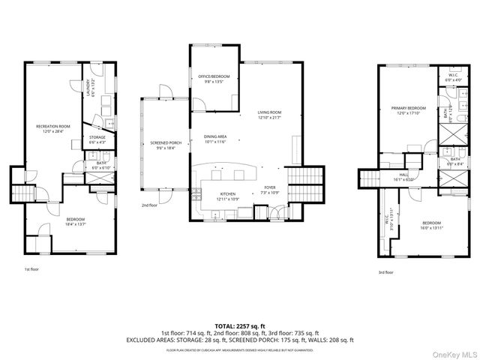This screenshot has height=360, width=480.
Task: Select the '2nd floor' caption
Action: [149, 205]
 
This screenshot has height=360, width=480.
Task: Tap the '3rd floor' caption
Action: [386, 273]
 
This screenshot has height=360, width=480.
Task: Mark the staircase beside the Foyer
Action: [305, 177]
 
